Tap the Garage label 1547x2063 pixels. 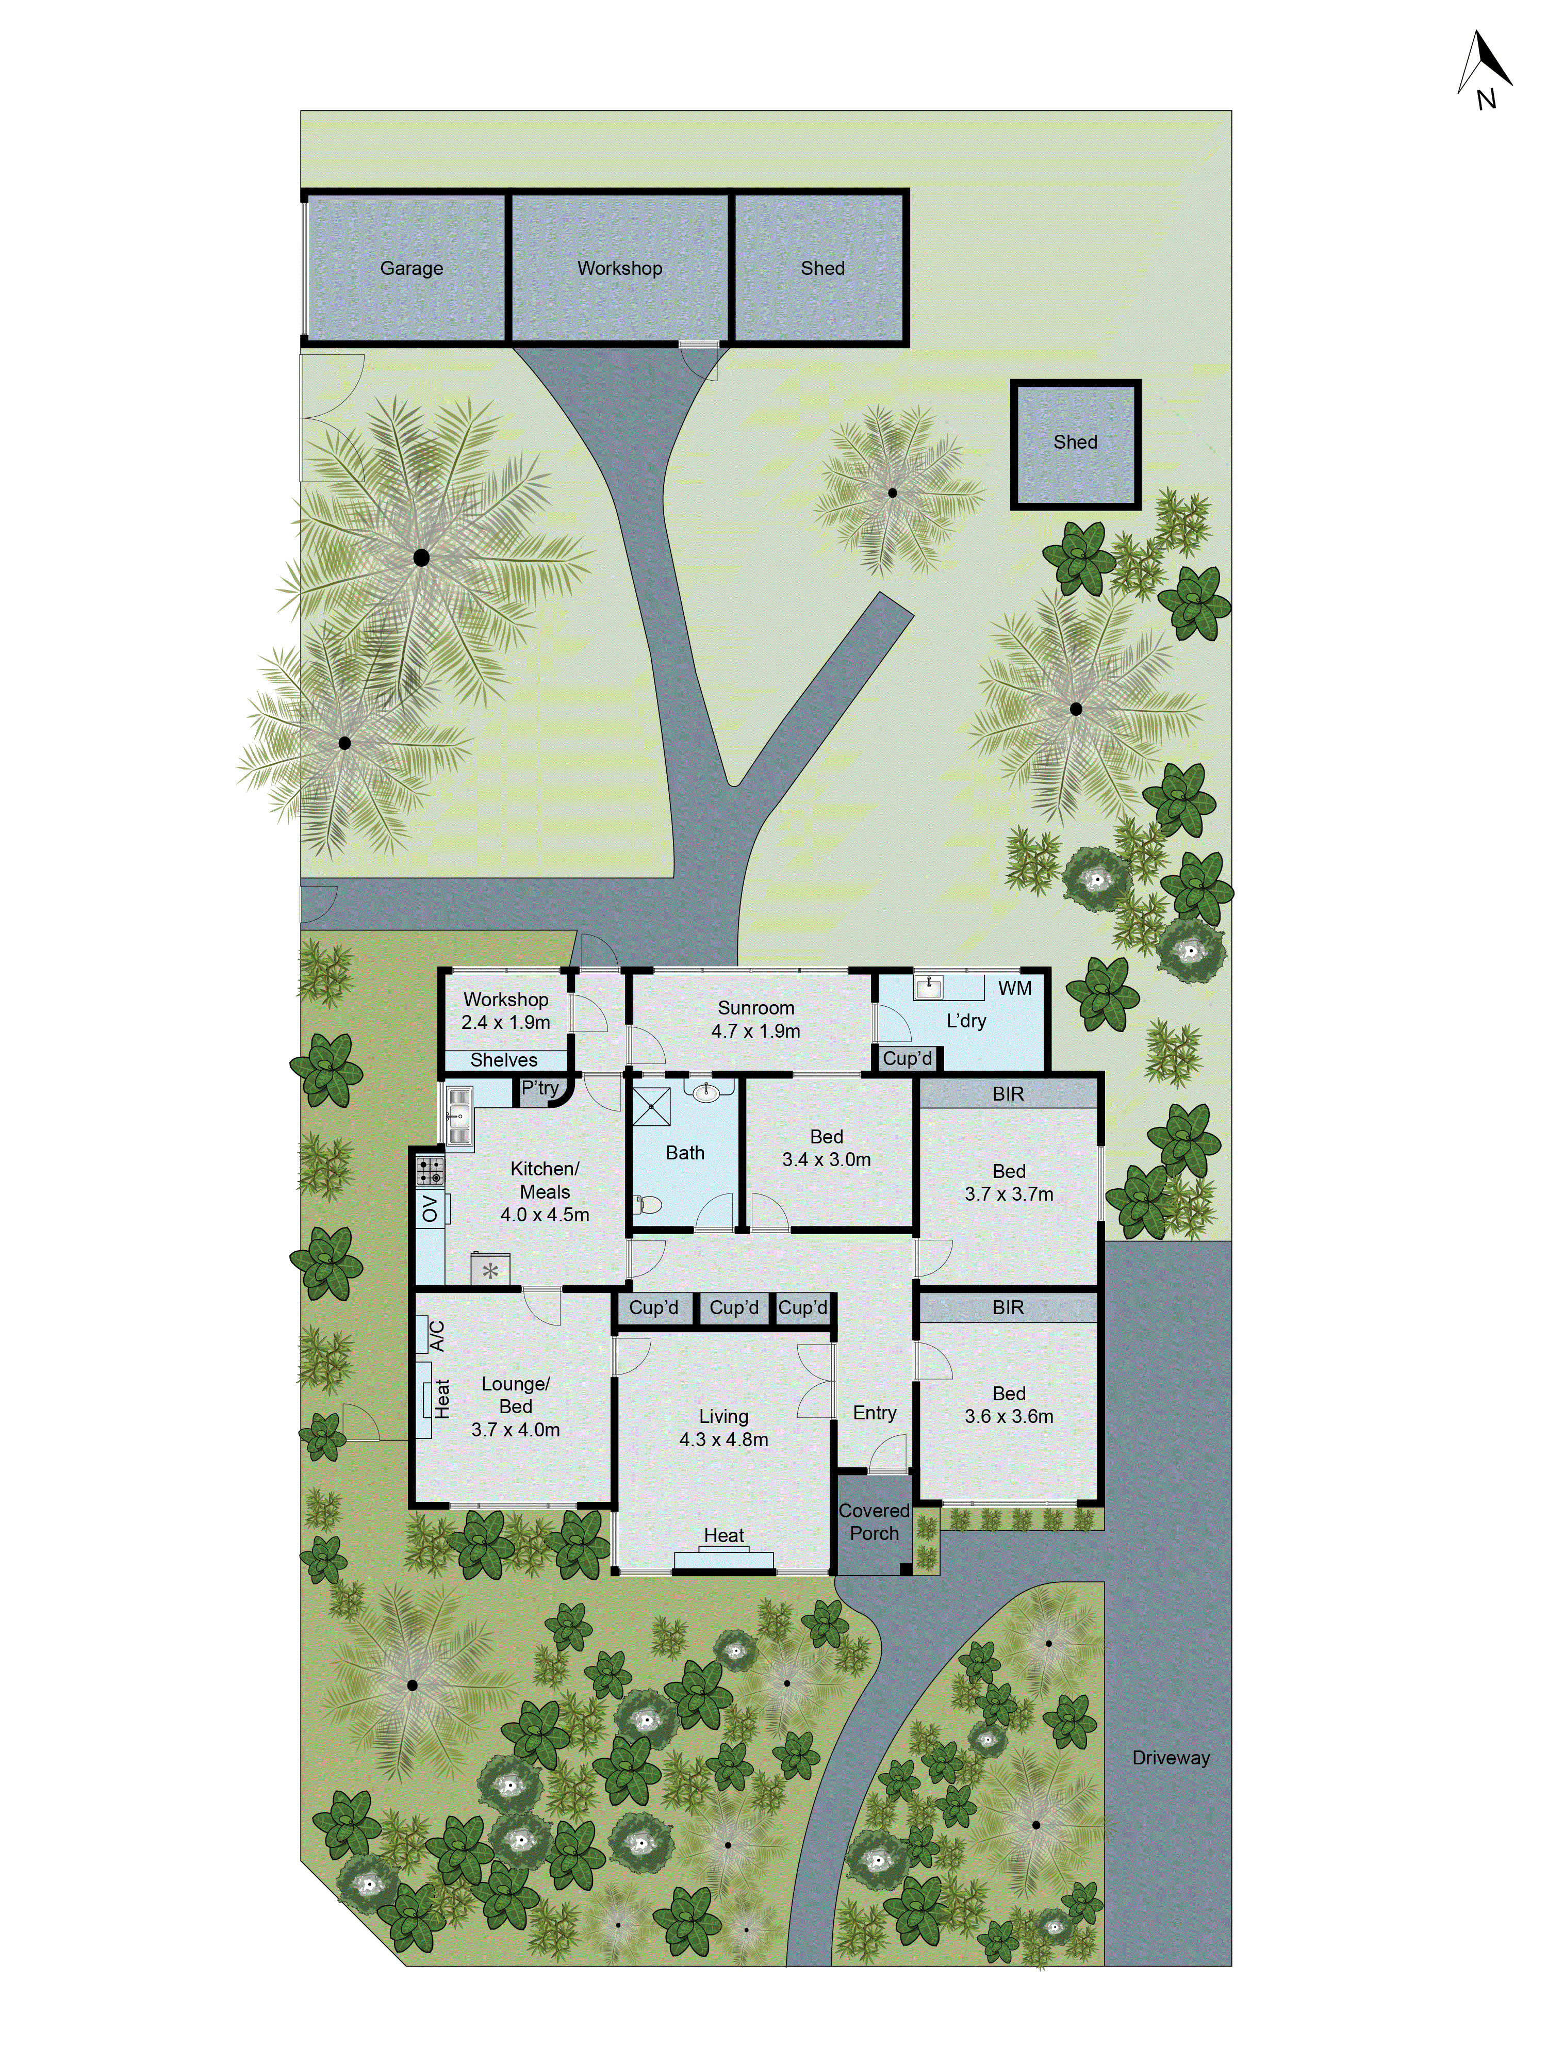click(411, 269)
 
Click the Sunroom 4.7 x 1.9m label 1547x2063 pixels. click(755, 1019)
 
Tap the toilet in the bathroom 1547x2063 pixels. click(647, 1204)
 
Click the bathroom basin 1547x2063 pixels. click(706, 1092)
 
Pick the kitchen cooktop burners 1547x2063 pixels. click(430, 1170)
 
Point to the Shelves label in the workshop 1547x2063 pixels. click(503, 1060)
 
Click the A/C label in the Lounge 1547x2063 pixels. click(436, 1336)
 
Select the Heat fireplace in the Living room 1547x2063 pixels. click(723, 1558)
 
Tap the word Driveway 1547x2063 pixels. click(1170, 1758)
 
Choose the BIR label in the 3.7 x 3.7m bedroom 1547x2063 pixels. click(1008, 1094)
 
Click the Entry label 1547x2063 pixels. click(874, 1413)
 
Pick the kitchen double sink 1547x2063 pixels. click(457, 1117)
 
